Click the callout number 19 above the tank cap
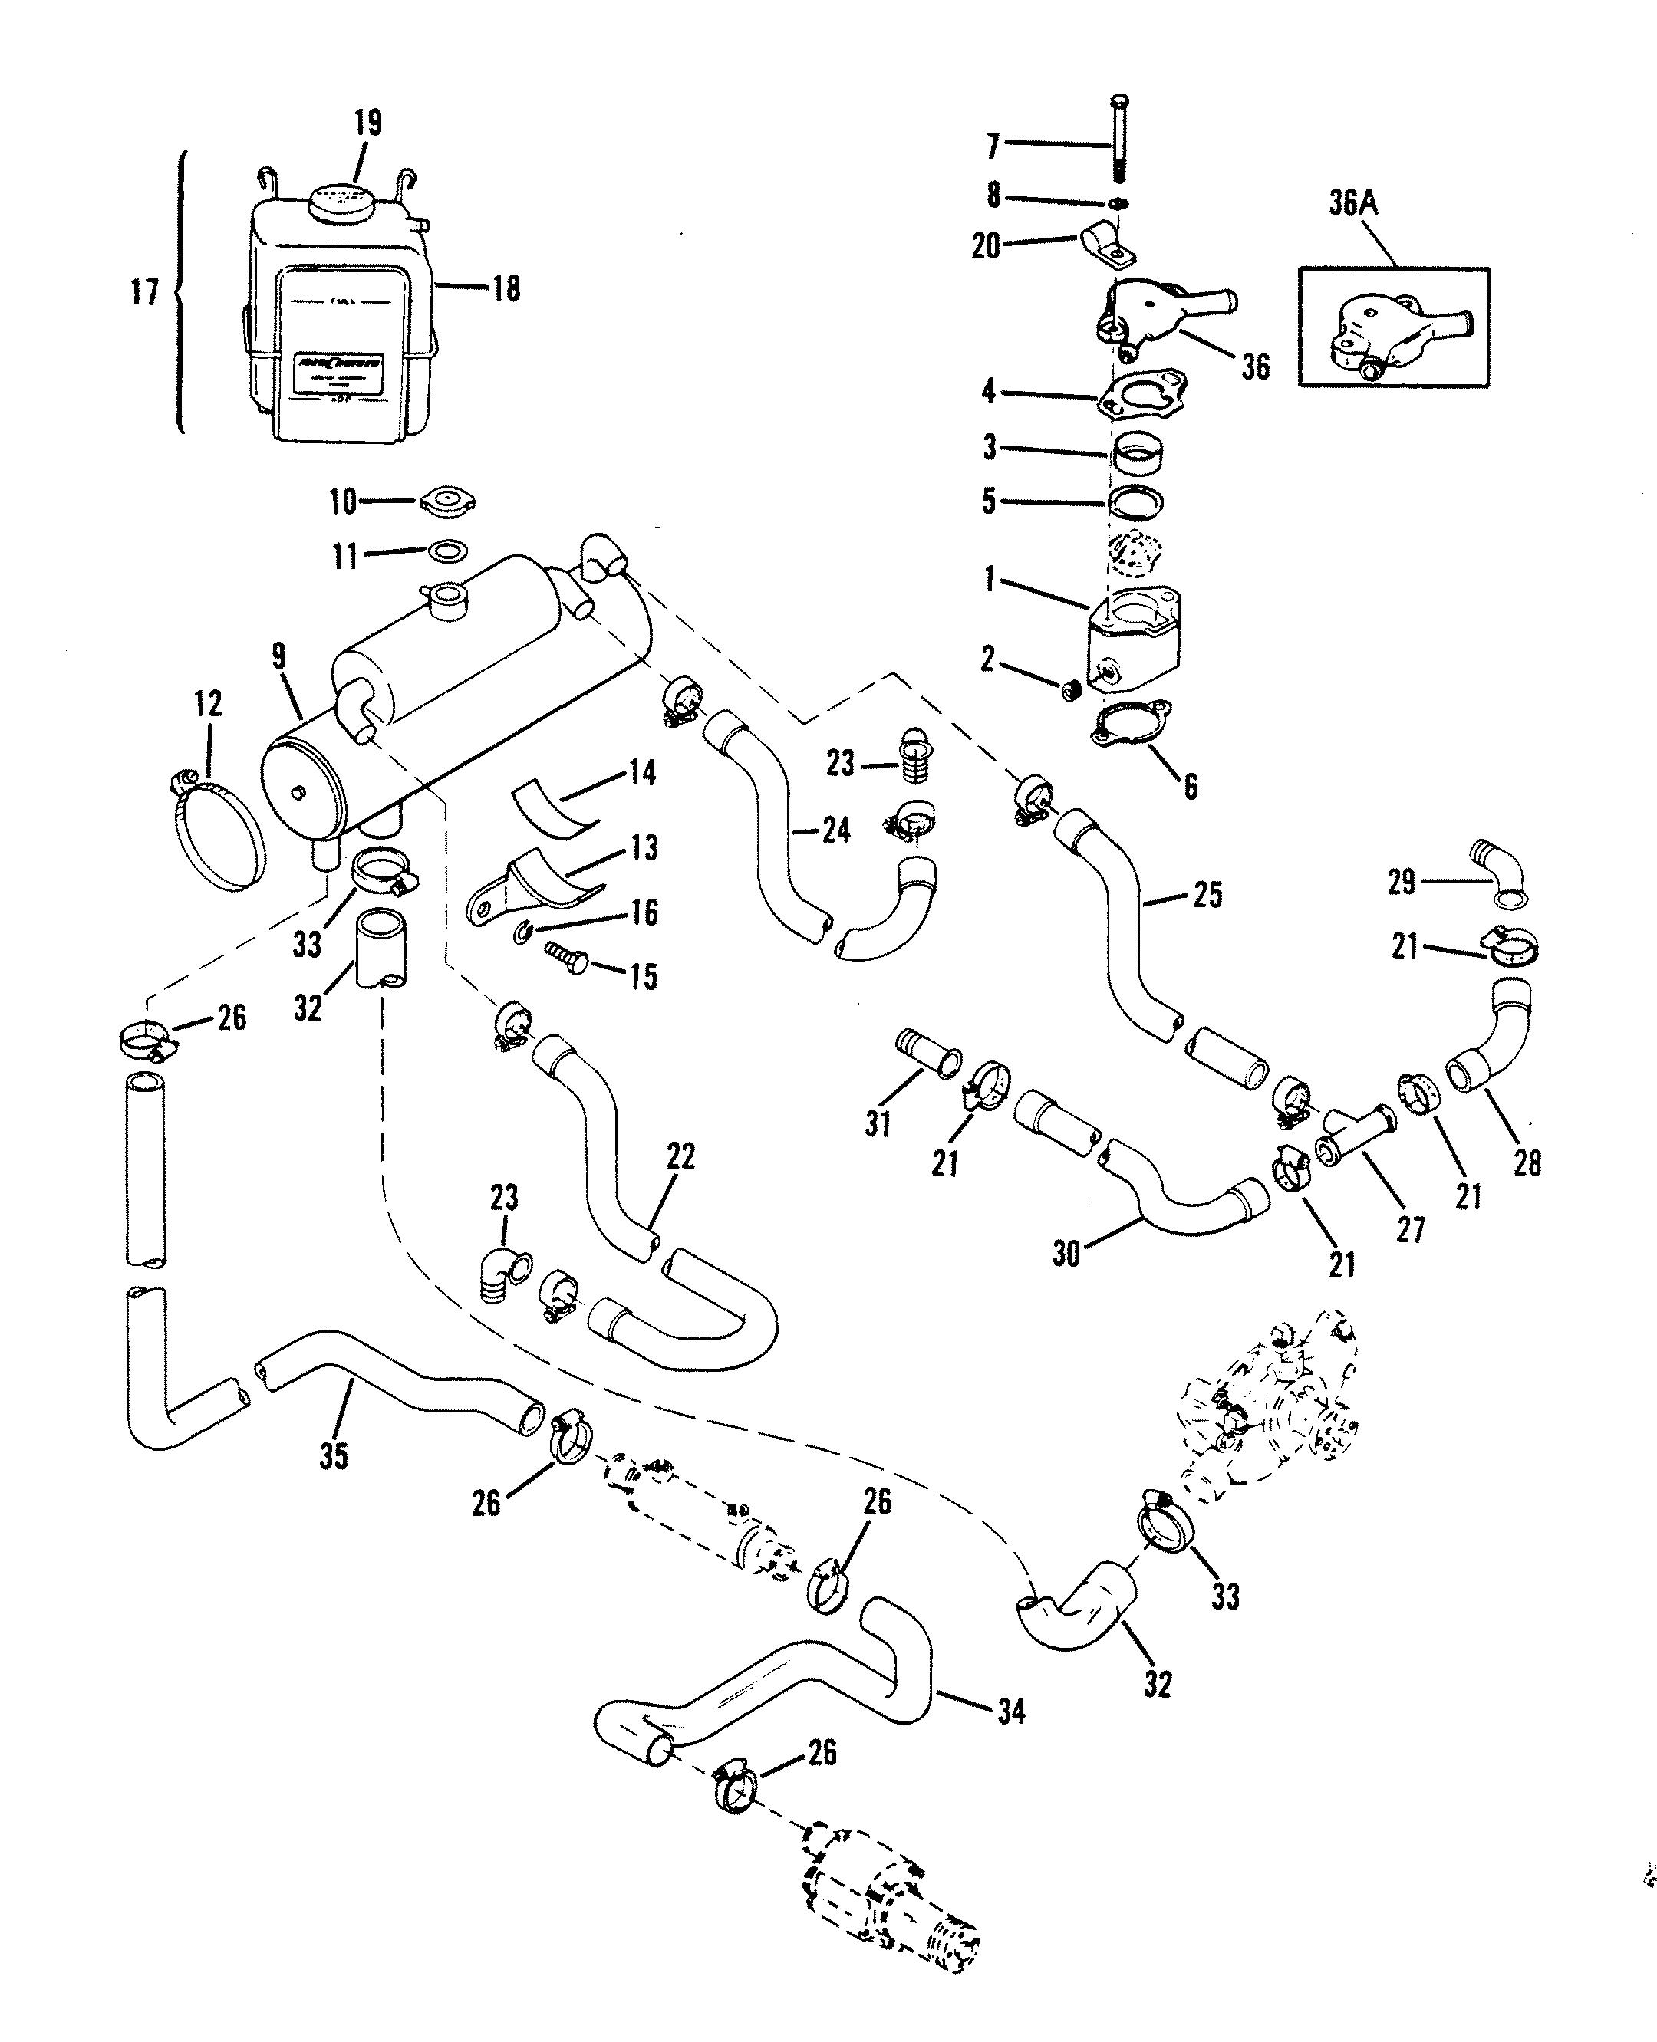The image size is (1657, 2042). tap(367, 123)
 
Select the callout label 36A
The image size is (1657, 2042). tap(1353, 203)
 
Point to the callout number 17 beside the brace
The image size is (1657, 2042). tap(144, 292)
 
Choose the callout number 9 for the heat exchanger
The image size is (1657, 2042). tap(278, 657)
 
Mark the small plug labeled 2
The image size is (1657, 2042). tap(1070, 690)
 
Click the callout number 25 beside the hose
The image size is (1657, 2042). tap(1207, 895)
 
